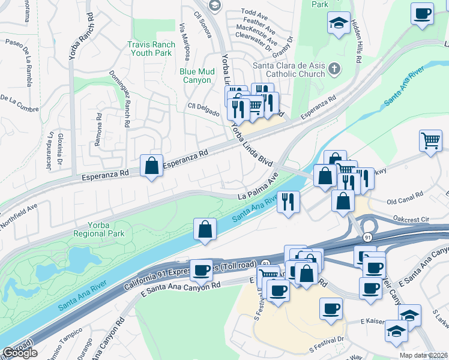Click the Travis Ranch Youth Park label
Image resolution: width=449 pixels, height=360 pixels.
click(151, 49)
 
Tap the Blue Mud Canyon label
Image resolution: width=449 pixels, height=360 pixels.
click(196, 76)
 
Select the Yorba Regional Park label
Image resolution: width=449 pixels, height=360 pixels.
click(98, 229)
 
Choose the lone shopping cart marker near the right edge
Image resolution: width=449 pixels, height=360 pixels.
click(430, 142)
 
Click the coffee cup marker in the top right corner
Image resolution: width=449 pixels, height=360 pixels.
click(423, 13)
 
